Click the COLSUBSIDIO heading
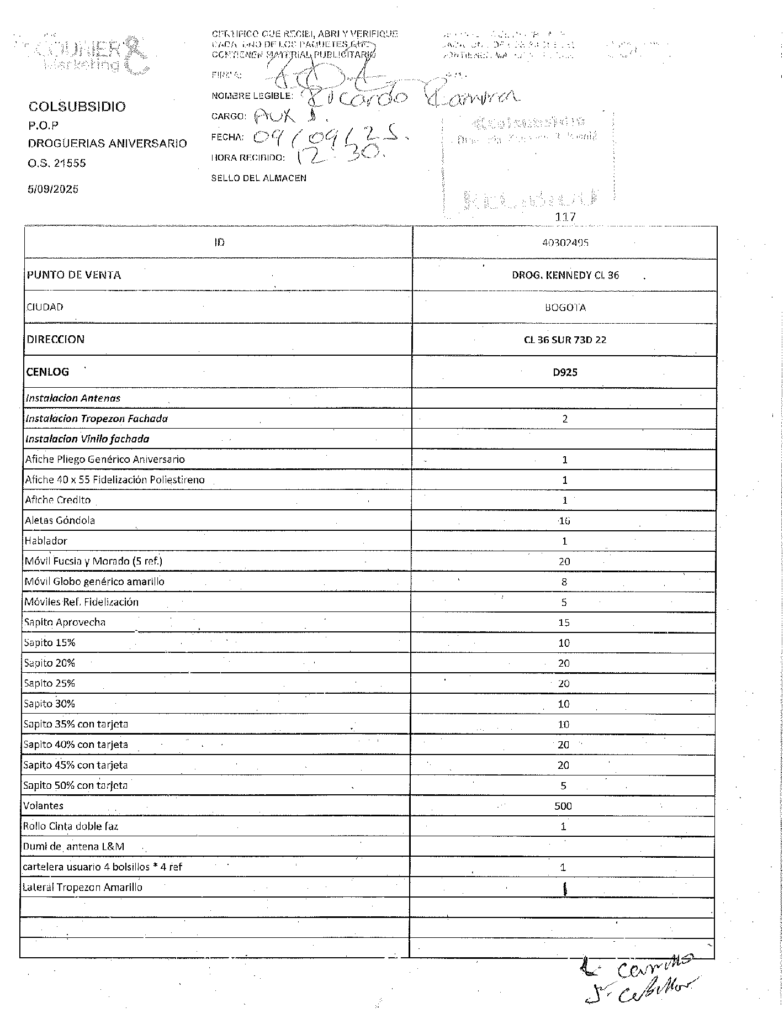[77, 107]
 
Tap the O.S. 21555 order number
[57, 163]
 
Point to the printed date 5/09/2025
[53, 189]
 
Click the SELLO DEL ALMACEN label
[258, 178]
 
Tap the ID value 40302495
[565, 242]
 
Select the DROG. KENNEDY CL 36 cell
[565, 275]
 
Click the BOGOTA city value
[565, 308]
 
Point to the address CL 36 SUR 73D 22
[565, 340]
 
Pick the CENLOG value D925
[565, 372]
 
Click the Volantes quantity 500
[563, 806]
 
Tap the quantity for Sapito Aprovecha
[564, 622]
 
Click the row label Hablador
[46, 541]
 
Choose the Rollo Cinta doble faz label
[71, 826]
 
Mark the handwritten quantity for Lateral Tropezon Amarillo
[565, 888]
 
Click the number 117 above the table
[565, 217]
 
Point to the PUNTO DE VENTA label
[74, 275]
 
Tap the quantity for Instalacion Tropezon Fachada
[565, 419]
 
